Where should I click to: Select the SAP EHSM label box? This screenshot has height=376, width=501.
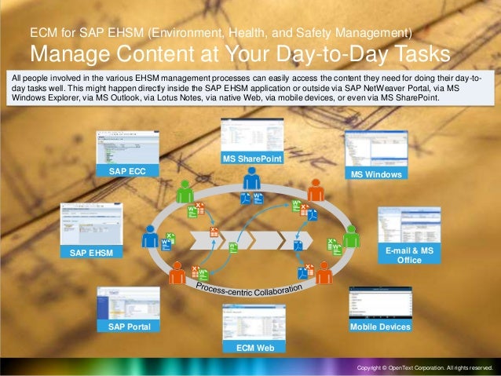tap(90, 253)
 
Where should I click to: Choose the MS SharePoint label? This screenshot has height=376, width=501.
tap(252, 159)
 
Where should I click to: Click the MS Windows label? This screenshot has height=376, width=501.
tap(376, 173)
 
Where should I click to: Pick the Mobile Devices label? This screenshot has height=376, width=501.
tap(380, 326)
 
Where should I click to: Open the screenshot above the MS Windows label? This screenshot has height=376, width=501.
tap(374, 148)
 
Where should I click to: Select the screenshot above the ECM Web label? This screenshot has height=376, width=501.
tap(252, 322)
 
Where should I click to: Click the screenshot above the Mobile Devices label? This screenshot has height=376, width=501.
tap(379, 302)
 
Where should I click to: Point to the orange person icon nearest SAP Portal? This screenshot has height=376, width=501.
tap(178, 270)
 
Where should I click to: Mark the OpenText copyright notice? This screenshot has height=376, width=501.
tap(424, 367)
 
